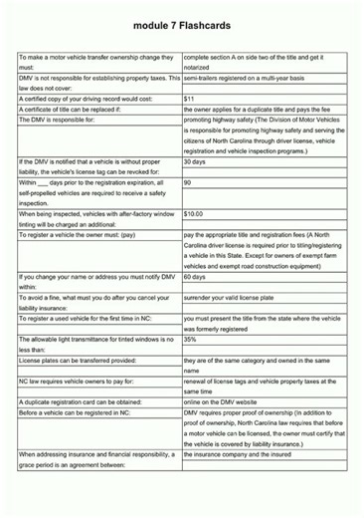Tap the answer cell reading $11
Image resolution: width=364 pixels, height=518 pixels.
click(189, 98)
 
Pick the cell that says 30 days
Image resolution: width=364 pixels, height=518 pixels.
click(195, 160)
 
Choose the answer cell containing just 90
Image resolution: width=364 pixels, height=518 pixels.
click(188, 181)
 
